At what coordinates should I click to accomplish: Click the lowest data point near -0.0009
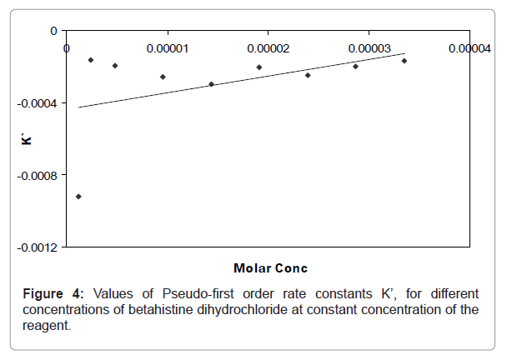[x=78, y=197]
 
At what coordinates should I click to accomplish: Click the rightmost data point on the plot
[x=404, y=61]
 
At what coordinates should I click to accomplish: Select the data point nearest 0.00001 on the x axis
[x=163, y=77]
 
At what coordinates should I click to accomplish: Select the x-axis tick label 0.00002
[x=268, y=48]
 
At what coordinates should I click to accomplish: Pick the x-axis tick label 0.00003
[x=368, y=48]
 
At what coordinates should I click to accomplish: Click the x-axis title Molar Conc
[x=270, y=268]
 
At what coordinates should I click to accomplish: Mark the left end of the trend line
[x=78, y=107]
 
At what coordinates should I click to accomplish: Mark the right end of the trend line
[x=404, y=53]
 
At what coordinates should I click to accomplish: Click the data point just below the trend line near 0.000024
[x=308, y=75]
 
